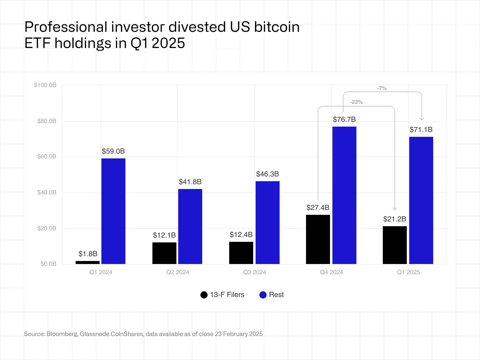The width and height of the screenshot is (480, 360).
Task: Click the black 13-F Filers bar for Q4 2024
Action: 318,239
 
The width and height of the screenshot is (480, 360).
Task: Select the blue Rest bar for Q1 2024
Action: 113,211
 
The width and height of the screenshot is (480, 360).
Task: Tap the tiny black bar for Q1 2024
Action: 88,262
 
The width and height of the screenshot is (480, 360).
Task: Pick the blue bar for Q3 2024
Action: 267,223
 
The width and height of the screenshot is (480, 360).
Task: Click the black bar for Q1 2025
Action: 394,245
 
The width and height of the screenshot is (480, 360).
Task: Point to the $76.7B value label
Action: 344,119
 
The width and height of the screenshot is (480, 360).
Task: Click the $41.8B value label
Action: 190,182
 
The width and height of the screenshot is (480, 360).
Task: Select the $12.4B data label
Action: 241,235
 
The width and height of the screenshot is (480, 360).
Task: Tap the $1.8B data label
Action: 88,254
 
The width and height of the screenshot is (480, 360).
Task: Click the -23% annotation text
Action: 356,102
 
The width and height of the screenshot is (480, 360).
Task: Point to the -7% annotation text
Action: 382,88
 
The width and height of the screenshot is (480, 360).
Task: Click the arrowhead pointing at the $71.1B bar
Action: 421,118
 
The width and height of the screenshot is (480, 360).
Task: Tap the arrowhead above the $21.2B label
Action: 394,208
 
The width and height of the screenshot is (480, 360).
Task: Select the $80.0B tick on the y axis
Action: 47,121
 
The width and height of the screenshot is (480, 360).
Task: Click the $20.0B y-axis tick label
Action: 47,228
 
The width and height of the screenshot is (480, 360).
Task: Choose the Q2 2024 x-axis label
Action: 178,272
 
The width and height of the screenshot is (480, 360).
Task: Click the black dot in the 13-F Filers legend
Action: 204,295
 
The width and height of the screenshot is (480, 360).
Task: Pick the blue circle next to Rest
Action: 263,295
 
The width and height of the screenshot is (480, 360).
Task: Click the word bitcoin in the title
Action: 277,27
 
